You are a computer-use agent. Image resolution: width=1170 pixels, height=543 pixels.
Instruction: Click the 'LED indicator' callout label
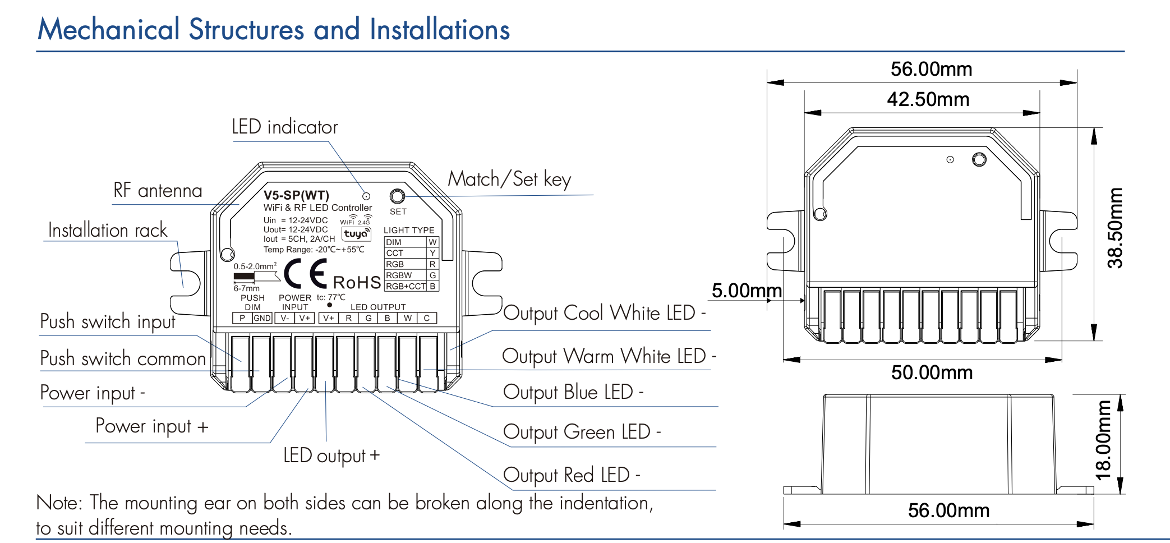click(x=284, y=127)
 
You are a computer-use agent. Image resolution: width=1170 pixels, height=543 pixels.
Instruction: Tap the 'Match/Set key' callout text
click(x=509, y=180)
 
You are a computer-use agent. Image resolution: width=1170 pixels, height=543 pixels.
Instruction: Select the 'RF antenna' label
click(x=158, y=191)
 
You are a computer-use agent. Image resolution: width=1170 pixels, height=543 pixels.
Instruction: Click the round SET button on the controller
click(x=397, y=196)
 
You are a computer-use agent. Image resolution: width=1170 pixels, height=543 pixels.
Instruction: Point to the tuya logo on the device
click(x=356, y=233)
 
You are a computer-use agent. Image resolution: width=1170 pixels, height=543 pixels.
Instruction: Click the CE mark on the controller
click(x=305, y=274)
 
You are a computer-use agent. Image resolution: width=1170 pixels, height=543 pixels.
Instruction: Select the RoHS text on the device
click(x=357, y=282)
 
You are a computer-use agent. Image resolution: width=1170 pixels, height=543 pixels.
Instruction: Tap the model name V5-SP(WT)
click(x=296, y=195)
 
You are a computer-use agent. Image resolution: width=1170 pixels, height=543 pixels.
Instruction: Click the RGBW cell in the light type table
click(x=399, y=275)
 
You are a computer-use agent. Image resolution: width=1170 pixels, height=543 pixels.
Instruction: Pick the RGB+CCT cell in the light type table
click(x=406, y=286)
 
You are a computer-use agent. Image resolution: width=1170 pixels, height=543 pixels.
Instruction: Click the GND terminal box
click(x=262, y=318)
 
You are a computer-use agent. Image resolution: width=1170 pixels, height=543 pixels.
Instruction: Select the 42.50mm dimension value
click(x=928, y=100)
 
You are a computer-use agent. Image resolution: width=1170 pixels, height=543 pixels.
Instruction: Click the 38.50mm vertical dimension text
click(x=1115, y=228)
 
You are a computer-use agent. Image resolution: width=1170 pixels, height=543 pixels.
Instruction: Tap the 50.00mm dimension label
click(x=932, y=372)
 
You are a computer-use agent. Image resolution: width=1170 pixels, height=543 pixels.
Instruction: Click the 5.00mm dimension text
click(x=746, y=291)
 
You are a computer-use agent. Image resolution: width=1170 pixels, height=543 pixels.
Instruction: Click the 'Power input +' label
click(x=151, y=426)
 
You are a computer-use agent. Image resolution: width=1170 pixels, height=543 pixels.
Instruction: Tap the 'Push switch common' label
click(x=123, y=358)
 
